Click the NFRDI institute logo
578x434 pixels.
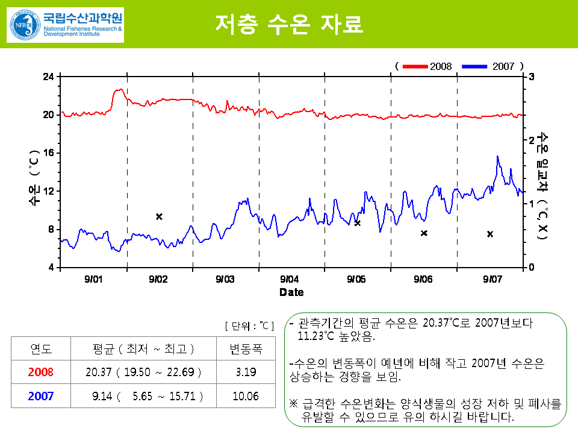click(x=65, y=25)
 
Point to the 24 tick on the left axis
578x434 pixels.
click(x=48, y=77)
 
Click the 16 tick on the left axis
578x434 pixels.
click(x=48, y=153)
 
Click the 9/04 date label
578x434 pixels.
click(x=290, y=279)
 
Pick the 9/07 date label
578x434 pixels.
click(x=493, y=279)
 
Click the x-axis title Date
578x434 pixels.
click(x=291, y=292)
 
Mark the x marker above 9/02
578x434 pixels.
click(x=160, y=216)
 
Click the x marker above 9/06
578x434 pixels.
click(x=424, y=233)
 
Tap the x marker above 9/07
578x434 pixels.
click(x=490, y=234)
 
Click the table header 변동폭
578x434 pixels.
click(x=246, y=348)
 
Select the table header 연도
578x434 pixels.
click(x=41, y=348)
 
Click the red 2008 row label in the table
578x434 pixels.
click(x=41, y=372)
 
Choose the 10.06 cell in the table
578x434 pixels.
click(x=246, y=396)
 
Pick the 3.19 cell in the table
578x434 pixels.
click(x=246, y=372)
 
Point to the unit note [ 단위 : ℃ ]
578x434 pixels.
click(x=249, y=326)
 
